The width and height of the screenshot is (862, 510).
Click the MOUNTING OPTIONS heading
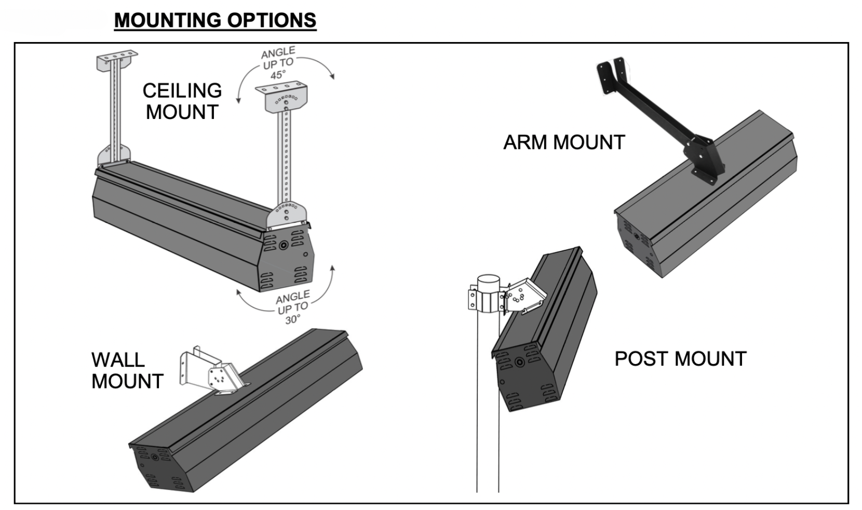click(x=215, y=20)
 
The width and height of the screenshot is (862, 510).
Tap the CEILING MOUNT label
click(x=182, y=101)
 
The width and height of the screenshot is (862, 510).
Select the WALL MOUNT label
click(x=127, y=370)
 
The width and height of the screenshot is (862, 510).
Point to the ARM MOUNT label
click(x=564, y=142)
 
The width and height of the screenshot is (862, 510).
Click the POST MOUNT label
click(x=680, y=359)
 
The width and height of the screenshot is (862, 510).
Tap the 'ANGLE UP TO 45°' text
click(x=279, y=63)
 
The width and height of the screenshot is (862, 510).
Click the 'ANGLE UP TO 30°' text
click(x=293, y=307)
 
